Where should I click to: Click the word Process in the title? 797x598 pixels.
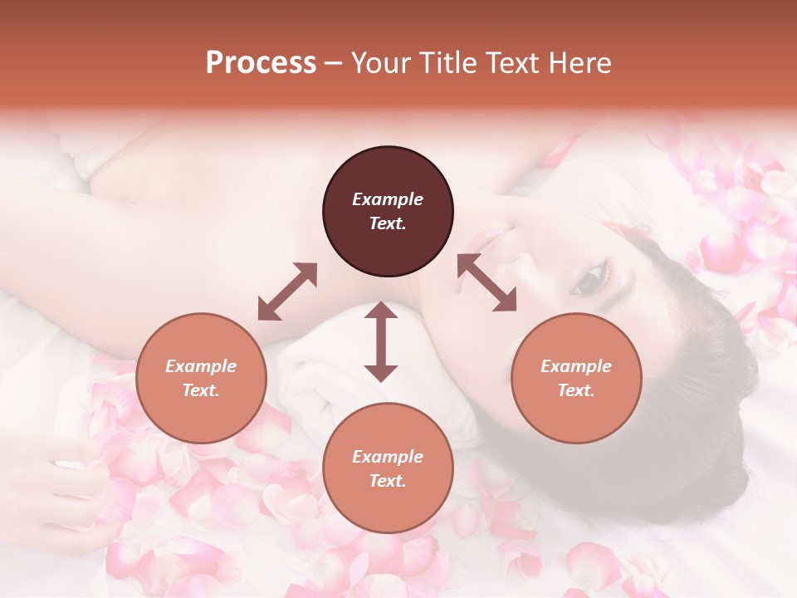[261, 63]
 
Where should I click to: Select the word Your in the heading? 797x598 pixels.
[379, 63]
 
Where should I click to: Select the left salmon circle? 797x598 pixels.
[201, 378]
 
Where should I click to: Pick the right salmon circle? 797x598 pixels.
[576, 378]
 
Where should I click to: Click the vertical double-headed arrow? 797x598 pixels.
[381, 341]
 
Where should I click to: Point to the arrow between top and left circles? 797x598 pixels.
[287, 292]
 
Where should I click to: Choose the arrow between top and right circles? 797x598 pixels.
[487, 282]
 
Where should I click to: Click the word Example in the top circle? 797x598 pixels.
[388, 199]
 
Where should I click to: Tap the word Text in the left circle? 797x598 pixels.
[201, 390]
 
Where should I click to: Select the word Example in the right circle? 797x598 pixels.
[576, 366]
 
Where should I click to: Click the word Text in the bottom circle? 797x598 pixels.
[388, 481]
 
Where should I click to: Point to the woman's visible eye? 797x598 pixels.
[589, 280]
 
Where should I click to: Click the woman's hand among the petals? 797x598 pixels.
[66, 490]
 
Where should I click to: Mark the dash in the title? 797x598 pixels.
[334, 63]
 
